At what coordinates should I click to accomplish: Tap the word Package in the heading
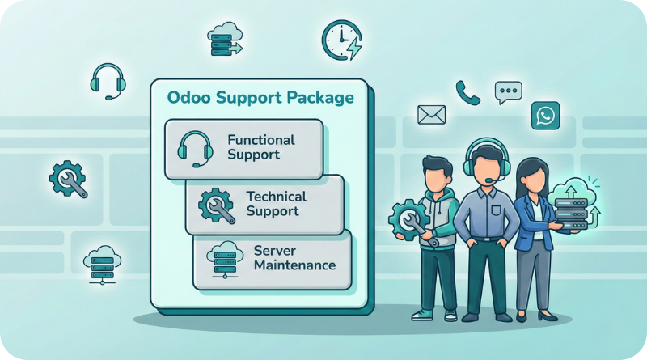(x=318, y=98)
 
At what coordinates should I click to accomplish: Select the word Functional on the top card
(x=261, y=140)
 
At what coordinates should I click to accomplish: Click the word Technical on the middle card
(x=277, y=197)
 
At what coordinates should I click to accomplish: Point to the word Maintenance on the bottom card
(x=294, y=265)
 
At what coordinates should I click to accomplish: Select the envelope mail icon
(x=432, y=114)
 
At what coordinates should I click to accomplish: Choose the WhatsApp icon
(x=546, y=115)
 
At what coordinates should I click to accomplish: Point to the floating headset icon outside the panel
(x=106, y=79)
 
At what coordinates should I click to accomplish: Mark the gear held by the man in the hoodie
(x=405, y=218)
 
